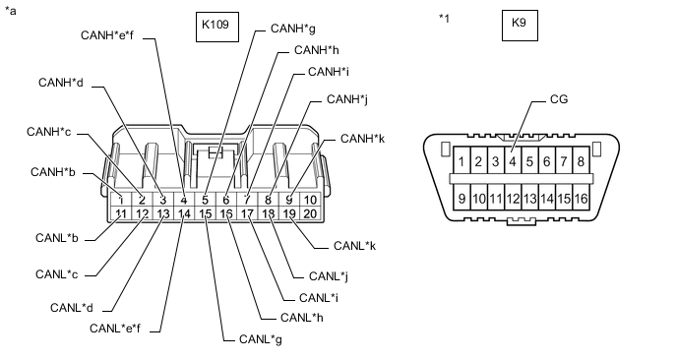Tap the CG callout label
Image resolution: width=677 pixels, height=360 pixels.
click(x=558, y=99)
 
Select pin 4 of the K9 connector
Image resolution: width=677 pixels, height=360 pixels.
click(x=512, y=161)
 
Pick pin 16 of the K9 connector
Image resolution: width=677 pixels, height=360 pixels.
click(x=581, y=200)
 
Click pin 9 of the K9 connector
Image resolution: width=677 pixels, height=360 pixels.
click(x=461, y=200)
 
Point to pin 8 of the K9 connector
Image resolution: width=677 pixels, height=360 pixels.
click(x=581, y=161)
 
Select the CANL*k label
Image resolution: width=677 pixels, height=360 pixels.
click(x=354, y=244)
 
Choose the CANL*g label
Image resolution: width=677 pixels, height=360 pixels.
click(x=261, y=339)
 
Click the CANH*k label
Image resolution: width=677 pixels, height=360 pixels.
click(x=362, y=139)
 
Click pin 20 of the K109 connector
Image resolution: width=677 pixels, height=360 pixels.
click(x=311, y=213)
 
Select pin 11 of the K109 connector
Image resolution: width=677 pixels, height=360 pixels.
click(x=120, y=213)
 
